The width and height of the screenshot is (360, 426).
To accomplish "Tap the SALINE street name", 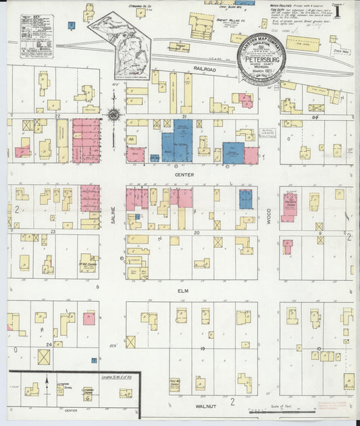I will pos(113,216).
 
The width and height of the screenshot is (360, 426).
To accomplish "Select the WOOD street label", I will pos(268,216).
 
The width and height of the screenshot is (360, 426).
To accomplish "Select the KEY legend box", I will pos(37,38).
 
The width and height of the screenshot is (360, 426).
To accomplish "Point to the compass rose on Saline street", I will pos(115,114).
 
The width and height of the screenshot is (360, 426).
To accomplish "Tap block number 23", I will pos(51,232).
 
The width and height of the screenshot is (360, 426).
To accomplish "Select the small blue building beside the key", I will pos(72,25).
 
